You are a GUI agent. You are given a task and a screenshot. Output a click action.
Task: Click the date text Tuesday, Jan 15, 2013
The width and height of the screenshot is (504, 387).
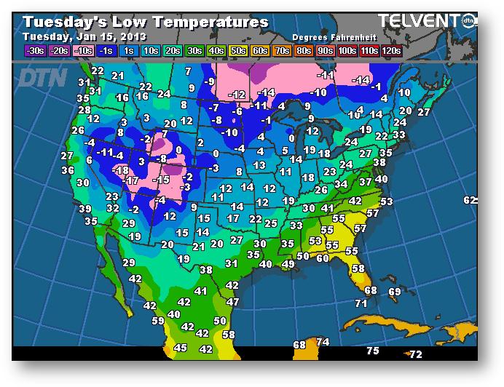pos(84,36)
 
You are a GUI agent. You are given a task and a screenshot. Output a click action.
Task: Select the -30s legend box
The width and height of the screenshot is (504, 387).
pos(34,51)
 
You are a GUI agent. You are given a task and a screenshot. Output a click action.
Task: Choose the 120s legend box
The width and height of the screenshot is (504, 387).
pos(390,51)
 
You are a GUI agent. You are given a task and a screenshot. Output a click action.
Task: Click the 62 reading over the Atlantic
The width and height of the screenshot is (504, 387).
pos(470,200)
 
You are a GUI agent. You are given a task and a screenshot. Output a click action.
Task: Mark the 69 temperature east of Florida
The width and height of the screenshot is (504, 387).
pos(395,292)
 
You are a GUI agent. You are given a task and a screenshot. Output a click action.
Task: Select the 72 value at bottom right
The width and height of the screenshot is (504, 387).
pos(415,354)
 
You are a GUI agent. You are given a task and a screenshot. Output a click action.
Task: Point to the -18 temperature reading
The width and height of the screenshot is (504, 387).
pos(121,169)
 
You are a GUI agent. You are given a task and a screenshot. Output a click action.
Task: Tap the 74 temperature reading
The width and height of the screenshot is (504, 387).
pos(323,342)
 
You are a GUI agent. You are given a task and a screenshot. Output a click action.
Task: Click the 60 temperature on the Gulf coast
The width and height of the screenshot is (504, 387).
pos(323,258)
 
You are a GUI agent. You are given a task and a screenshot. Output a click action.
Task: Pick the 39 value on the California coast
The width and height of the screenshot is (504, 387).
pos(85,209)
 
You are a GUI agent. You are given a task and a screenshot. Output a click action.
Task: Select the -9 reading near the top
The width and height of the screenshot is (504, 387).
pos(210,81)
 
